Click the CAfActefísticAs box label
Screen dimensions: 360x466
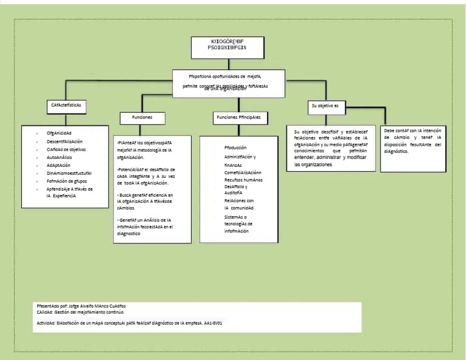point(66,105)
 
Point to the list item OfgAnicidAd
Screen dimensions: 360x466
point(59,132)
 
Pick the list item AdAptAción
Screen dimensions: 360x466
point(58,165)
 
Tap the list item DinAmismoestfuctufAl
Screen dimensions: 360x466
point(69,172)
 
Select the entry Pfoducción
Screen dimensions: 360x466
point(235,148)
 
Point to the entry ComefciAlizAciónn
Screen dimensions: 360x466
point(246,172)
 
